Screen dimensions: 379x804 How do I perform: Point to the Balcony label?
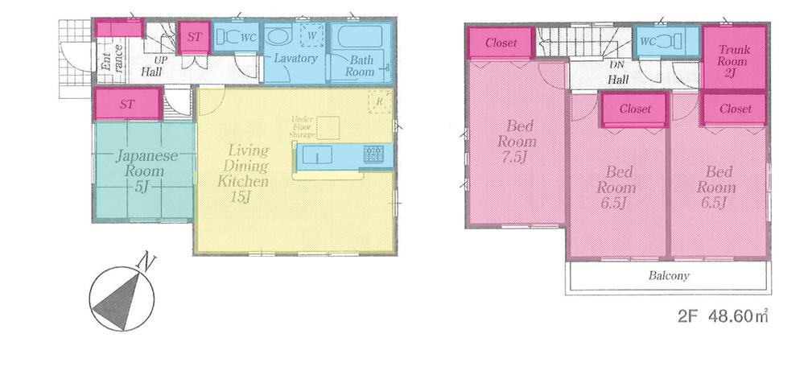click(669, 275)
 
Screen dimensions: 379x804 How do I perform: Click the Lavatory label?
click(295, 59)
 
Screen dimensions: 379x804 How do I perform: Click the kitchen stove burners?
click(374, 153)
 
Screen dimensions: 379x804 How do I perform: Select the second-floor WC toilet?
click(658, 42)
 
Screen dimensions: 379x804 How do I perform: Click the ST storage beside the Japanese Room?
click(127, 104)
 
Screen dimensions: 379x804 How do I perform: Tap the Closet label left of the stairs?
click(501, 43)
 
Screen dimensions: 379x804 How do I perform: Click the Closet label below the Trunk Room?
click(736, 109)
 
